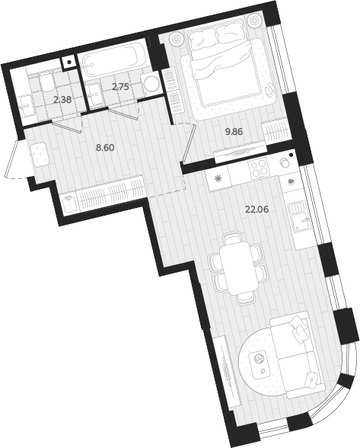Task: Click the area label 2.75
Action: [120, 87]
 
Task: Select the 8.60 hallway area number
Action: [105, 148]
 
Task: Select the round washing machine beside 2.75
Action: [151, 84]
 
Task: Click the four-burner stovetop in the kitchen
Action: [256, 165]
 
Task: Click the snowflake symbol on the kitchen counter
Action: [219, 180]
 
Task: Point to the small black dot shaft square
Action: [69, 62]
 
